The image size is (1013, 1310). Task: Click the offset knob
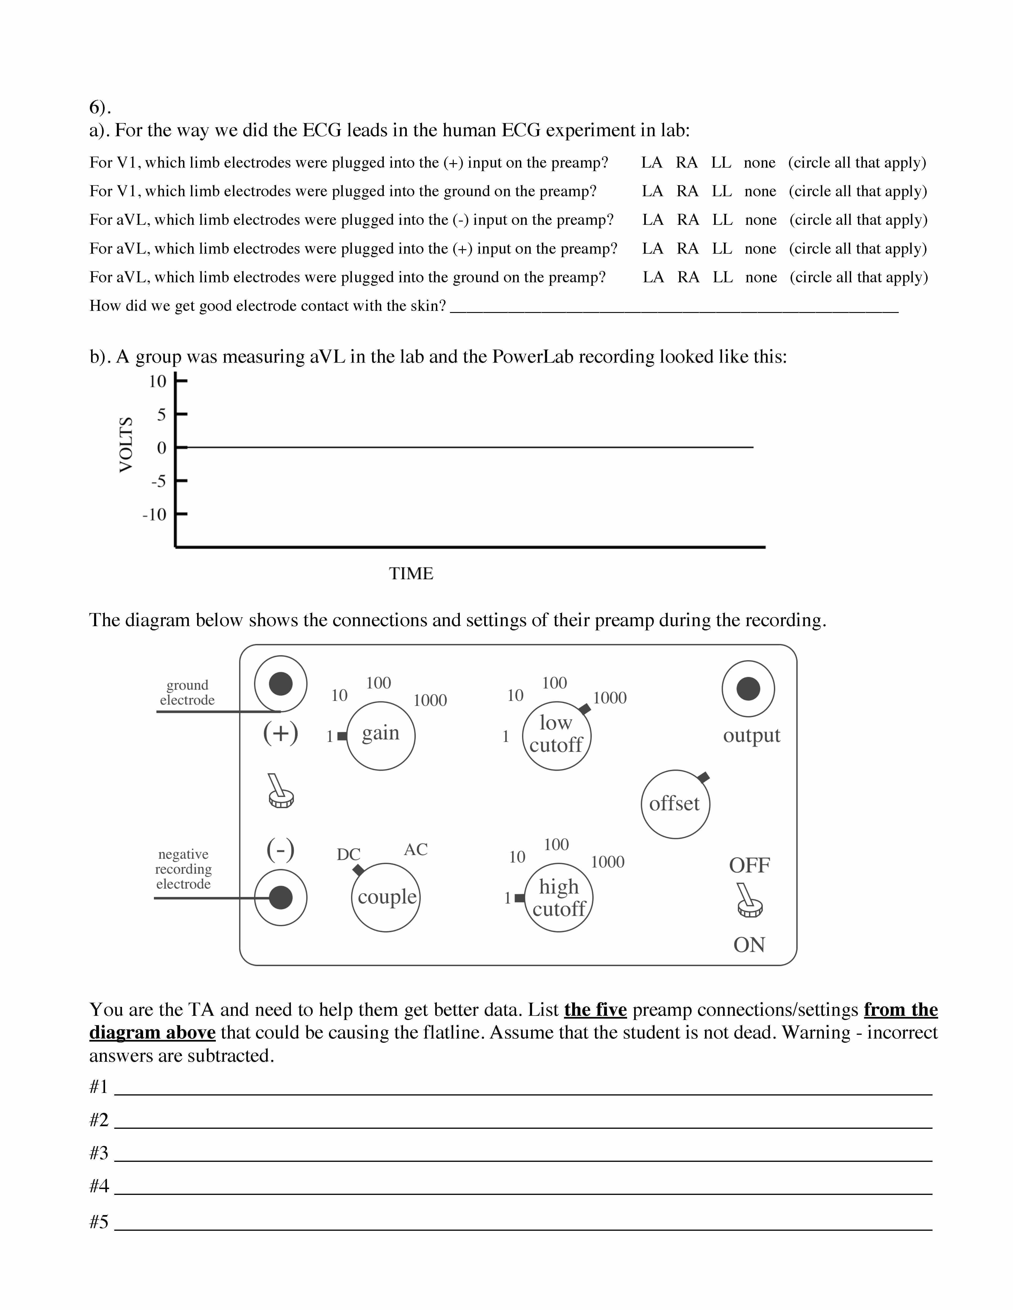pyautogui.click(x=675, y=804)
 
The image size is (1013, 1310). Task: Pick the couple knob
pyautogui.click(x=386, y=897)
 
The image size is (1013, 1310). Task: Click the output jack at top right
pyautogui.click(x=748, y=689)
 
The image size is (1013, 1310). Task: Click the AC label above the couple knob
pyautogui.click(x=415, y=849)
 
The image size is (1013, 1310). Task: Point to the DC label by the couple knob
pyautogui.click(x=348, y=854)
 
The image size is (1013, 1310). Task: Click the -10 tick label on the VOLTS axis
pyautogui.click(x=154, y=515)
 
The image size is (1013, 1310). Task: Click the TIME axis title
pyautogui.click(x=411, y=573)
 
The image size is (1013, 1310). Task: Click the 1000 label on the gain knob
pyautogui.click(x=430, y=700)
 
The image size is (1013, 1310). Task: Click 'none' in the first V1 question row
pyautogui.click(x=759, y=162)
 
